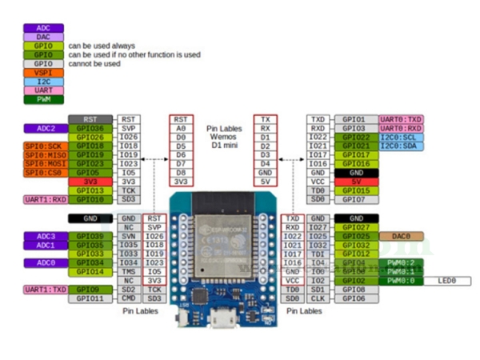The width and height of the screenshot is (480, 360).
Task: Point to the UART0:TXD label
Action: (401, 118)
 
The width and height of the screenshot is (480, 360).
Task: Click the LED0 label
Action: (447, 281)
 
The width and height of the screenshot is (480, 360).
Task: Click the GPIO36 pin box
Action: (90, 128)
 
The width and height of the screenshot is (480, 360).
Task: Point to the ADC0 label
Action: (46, 262)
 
